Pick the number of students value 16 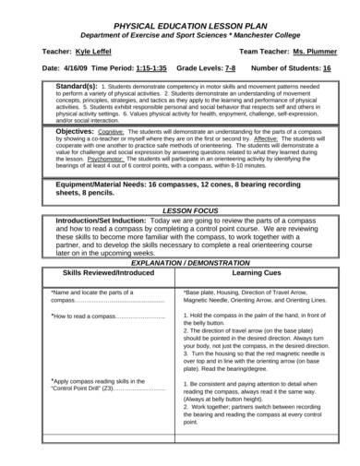tap(327, 69)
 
